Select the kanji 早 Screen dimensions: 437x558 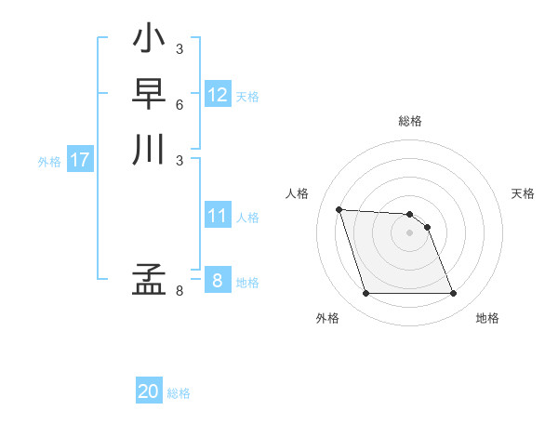click(x=149, y=95)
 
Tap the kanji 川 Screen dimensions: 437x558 click(x=149, y=150)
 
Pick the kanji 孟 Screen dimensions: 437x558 click(x=149, y=280)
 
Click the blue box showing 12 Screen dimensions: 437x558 click(x=218, y=95)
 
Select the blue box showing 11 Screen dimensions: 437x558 click(x=218, y=216)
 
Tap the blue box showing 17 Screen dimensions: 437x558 click(x=80, y=160)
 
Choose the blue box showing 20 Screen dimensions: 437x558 click(x=149, y=391)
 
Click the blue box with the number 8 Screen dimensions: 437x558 click(x=218, y=281)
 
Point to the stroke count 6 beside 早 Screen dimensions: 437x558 click(x=179, y=104)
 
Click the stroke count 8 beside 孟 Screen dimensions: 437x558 click(x=179, y=291)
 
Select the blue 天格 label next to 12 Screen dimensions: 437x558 click(x=247, y=97)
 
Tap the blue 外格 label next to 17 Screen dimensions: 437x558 click(x=49, y=162)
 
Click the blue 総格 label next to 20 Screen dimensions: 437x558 click(x=179, y=393)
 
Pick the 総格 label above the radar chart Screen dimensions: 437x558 click(x=410, y=121)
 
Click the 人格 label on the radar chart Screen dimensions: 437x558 click(x=298, y=193)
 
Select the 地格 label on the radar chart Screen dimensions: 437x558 click(x=487, y=318)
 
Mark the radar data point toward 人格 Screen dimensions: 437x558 click(x=339, y=209)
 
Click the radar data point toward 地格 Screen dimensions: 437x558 click(x=453, y=294)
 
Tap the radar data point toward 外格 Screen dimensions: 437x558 click(x=366, y=294)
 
